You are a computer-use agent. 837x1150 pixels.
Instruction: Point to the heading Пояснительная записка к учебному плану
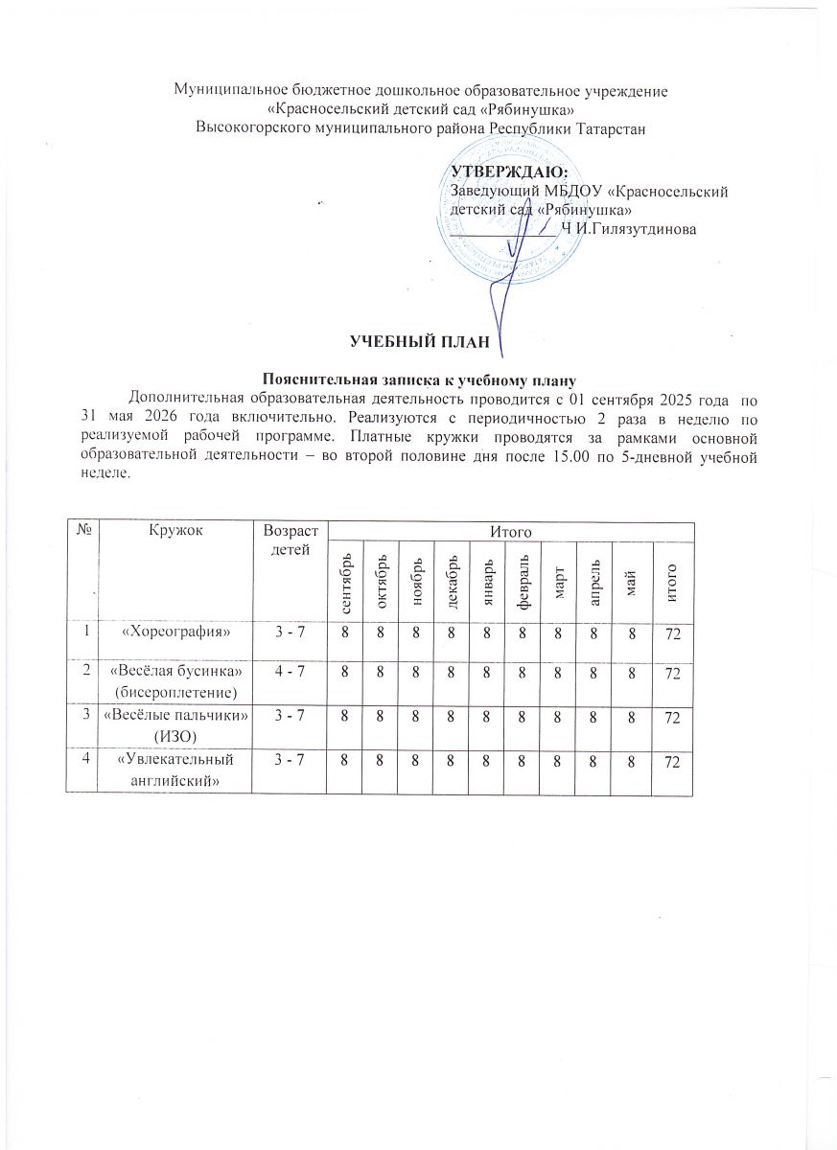click(x=418, y=377)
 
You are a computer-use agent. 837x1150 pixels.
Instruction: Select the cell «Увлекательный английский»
click(x=176, y=770)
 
